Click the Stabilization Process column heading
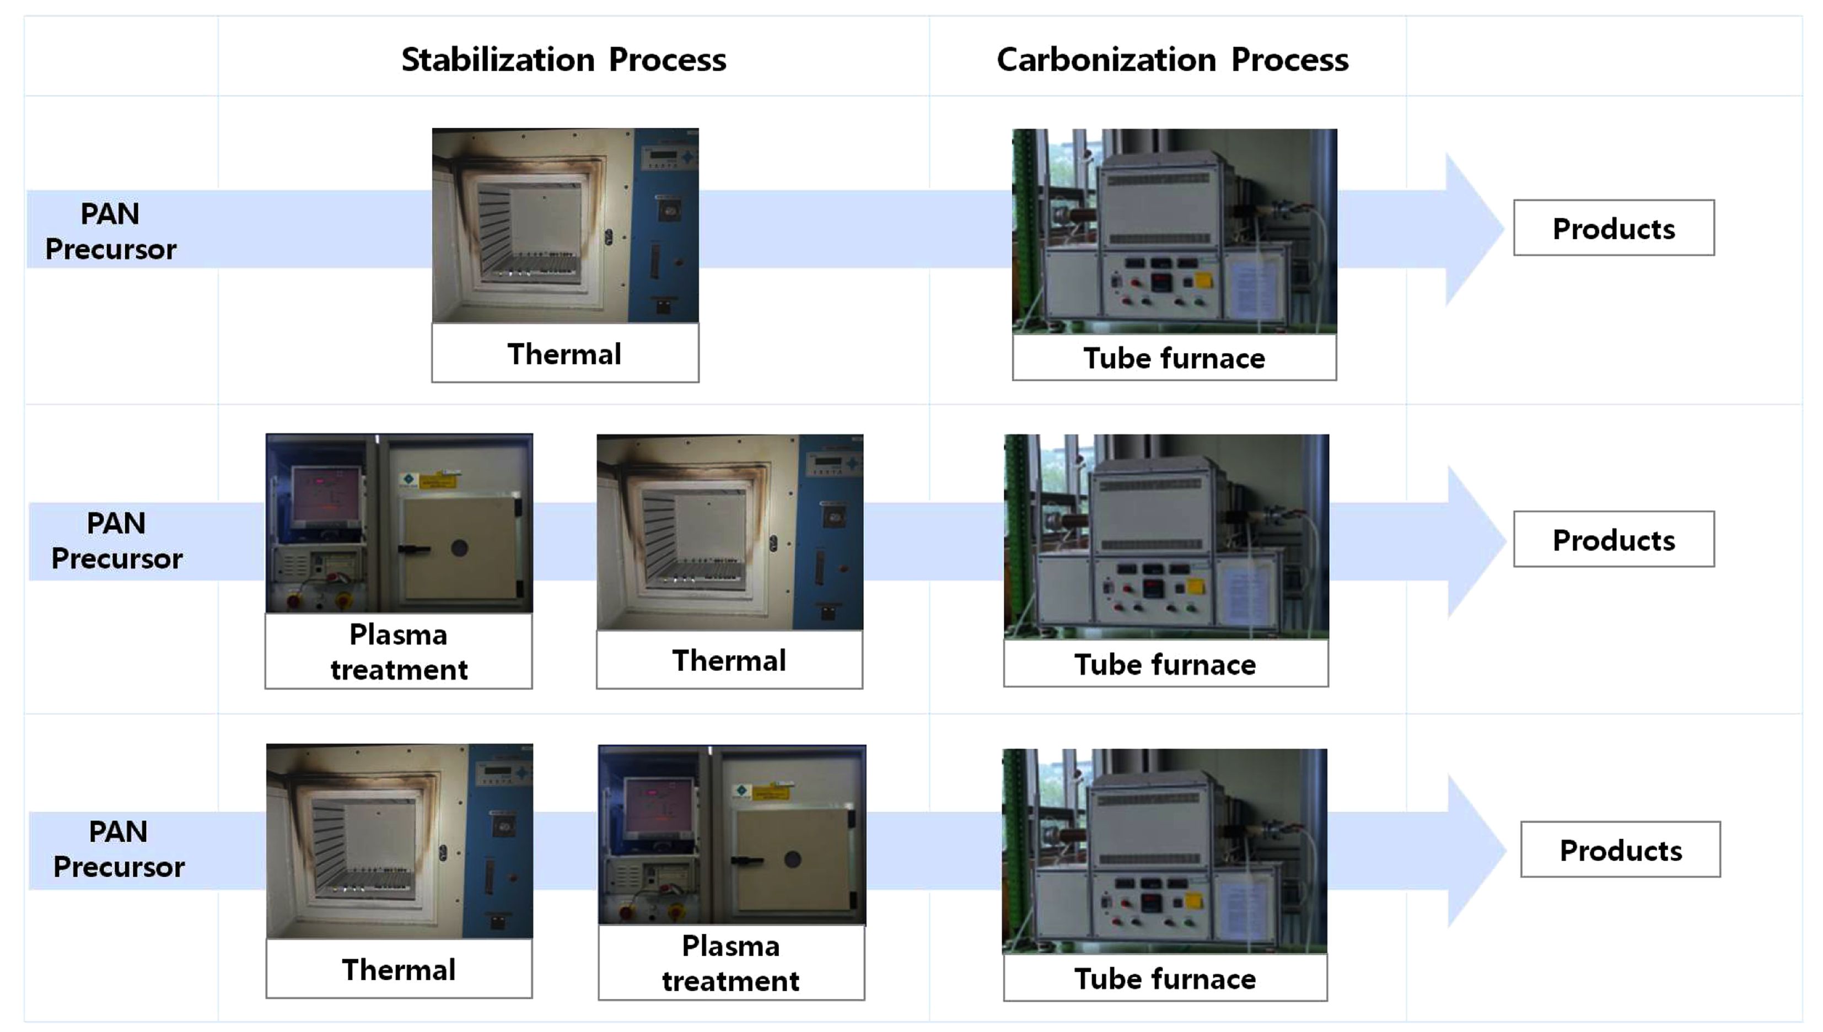tap(563, 60)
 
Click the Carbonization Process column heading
tap(1173, 60)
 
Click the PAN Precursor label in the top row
tap(111, 231)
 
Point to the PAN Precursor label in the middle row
tap(117, 541)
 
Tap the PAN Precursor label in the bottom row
tap(119, 849)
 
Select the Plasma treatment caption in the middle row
tap(399, 652)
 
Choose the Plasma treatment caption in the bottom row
tap(731, 963)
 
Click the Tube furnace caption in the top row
tap(1174, 358)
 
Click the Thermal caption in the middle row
tap(729, 660)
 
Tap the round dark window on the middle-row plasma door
tap(459, 548)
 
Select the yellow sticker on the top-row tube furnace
tap(1203, 280)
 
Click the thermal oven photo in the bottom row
tap(399, 841)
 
